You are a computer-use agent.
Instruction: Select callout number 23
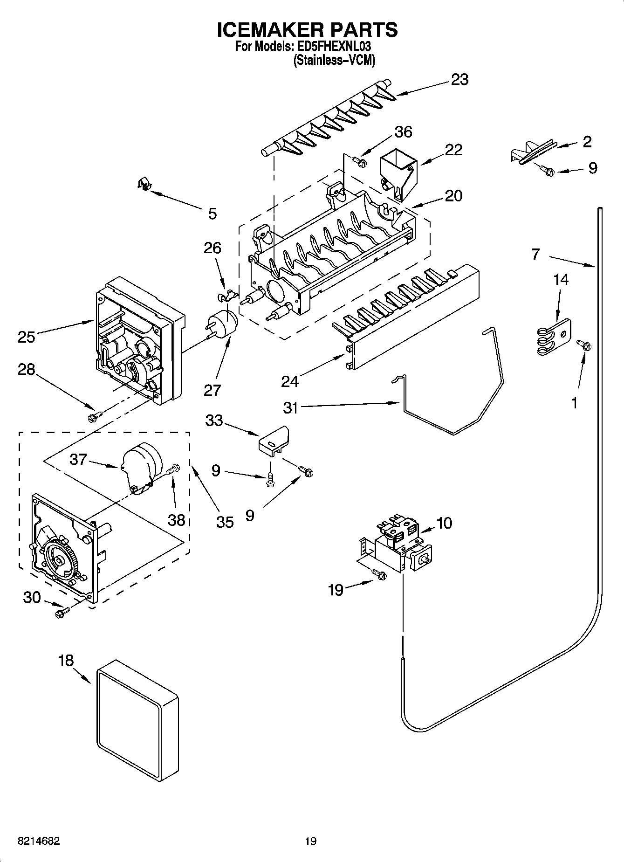point(459,80)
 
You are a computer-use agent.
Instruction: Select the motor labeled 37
point(140,466)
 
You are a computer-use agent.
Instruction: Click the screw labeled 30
point(61,612)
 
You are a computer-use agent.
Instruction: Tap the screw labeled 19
point(380,575)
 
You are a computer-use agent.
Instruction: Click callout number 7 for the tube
point(536,255)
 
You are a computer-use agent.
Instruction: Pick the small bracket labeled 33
point(274,440)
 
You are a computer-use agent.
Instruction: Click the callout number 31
point(290,407)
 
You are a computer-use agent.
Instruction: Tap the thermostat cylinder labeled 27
point(223,324)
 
